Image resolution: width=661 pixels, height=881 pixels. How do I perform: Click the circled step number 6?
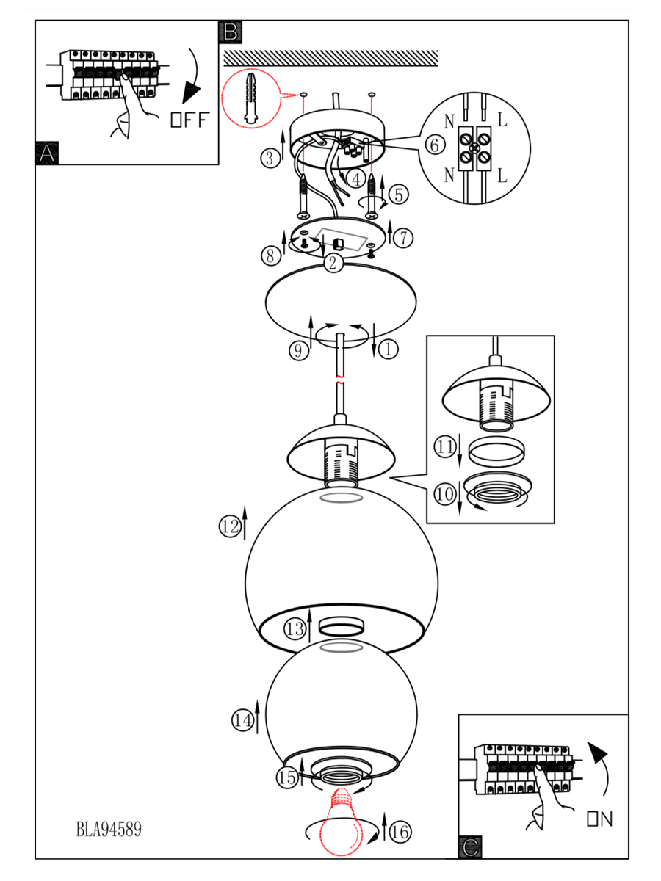click(x=434, y=145)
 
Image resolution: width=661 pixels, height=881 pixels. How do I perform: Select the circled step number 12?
click(x=230, y=526)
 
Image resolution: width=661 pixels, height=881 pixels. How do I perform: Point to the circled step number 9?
click(x=298, y=350)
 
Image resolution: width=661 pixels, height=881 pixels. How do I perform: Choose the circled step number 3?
click(x=270, y=156)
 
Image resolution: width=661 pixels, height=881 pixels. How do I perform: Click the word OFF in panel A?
click(x=189, y=120)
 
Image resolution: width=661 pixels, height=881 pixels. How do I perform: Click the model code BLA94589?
click(x=109, y=830)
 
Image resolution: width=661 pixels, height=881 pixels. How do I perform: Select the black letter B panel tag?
click(x=230, y=32)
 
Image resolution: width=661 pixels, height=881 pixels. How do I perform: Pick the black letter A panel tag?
click(x=47, y=153)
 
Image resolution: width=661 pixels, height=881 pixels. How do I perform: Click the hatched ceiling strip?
click(x=330, y=58)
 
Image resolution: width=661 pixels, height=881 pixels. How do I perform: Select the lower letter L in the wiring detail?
click(x=502, y=175)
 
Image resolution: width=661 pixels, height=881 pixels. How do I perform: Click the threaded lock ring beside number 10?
click(x=496, y=490)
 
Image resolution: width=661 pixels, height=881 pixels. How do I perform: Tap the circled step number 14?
click(x=242, y=721)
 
